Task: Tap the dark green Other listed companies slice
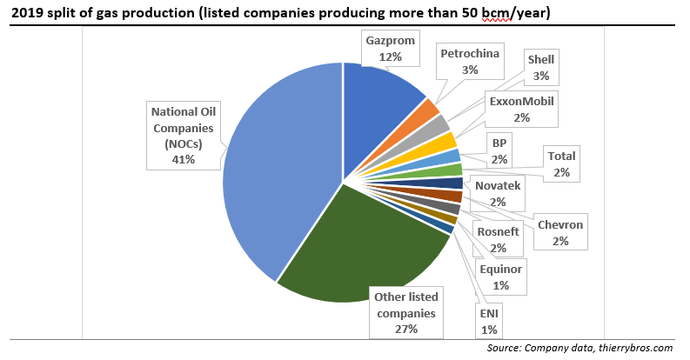click(x=365, y=252)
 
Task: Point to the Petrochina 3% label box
click(x=470, y=62)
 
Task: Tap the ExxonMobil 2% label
click(x=521, y=109)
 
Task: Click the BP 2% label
click(x=499, y=150)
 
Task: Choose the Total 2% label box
click(x=560, y=163)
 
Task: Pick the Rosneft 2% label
click(x=499, y=238)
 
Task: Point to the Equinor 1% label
click(x=500, y=277)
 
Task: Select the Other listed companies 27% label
click(x=406, y=312)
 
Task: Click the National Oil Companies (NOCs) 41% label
click(x=186, y=136)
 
